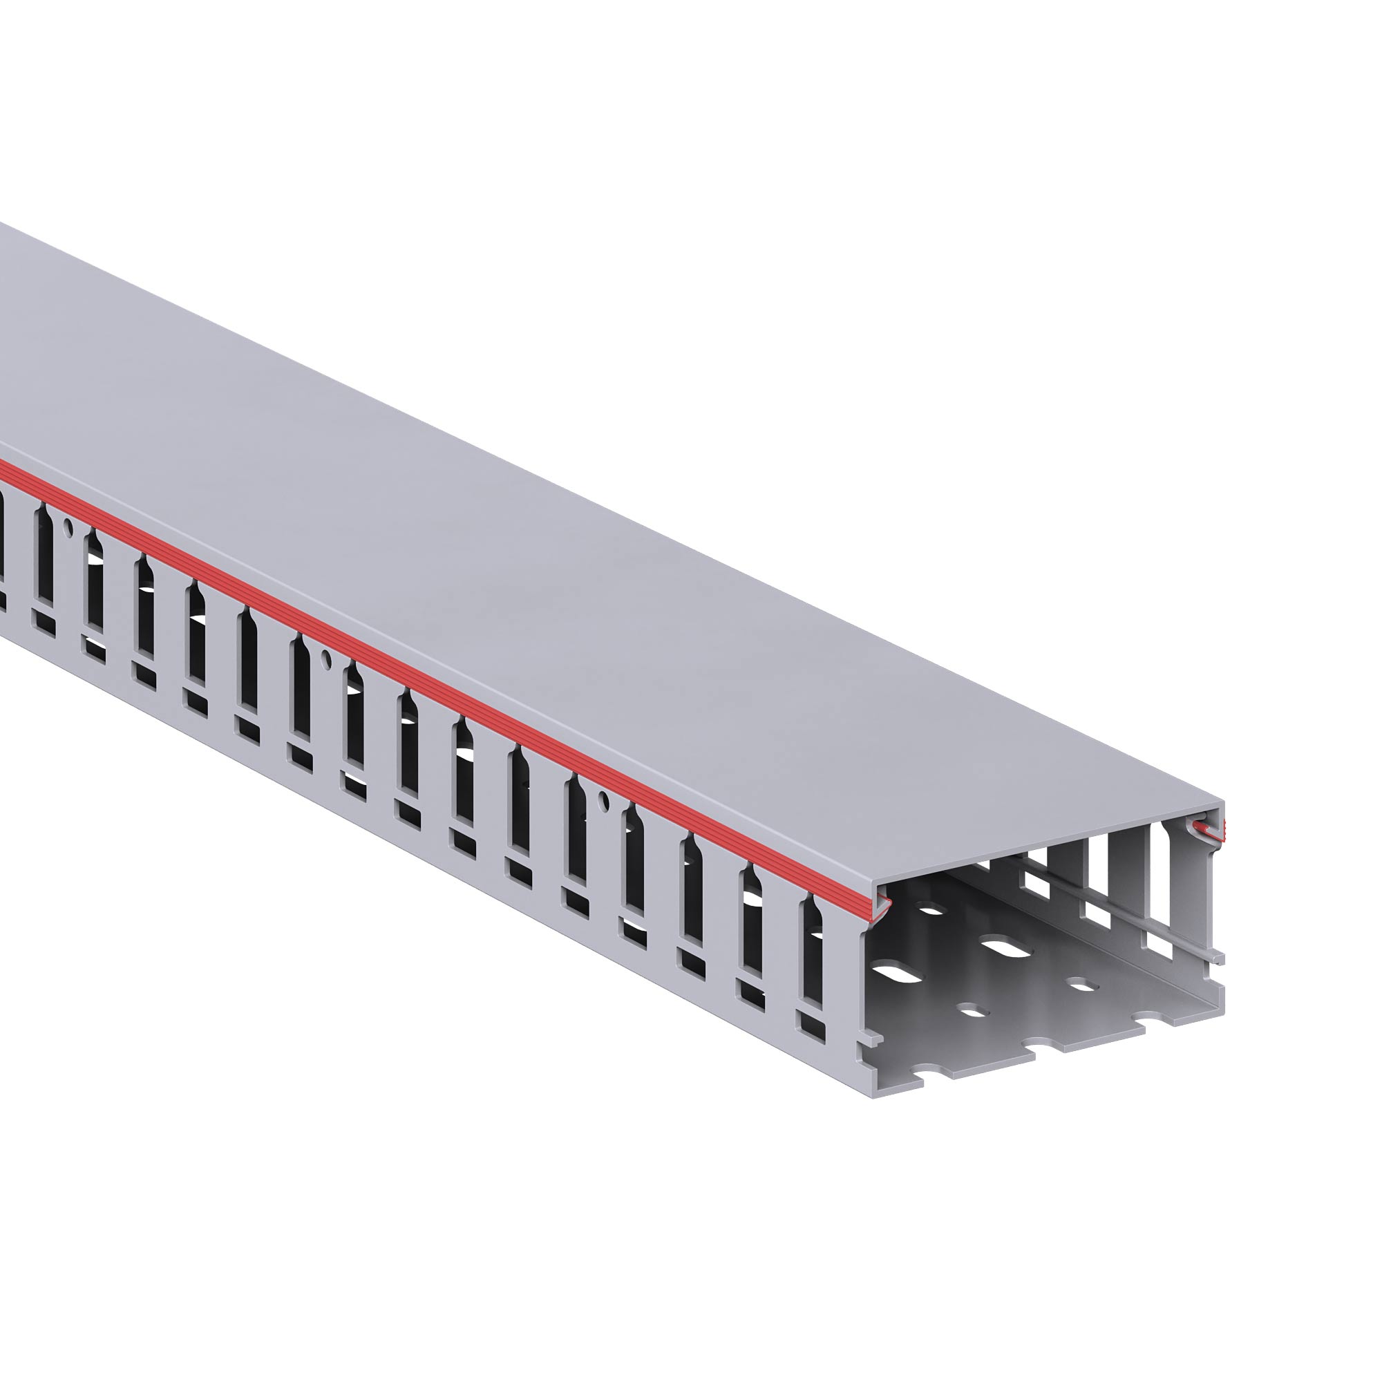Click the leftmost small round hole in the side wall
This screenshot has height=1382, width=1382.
68,529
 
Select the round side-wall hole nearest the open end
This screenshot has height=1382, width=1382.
603,796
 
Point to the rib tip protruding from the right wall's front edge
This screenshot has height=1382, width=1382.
1218,957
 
